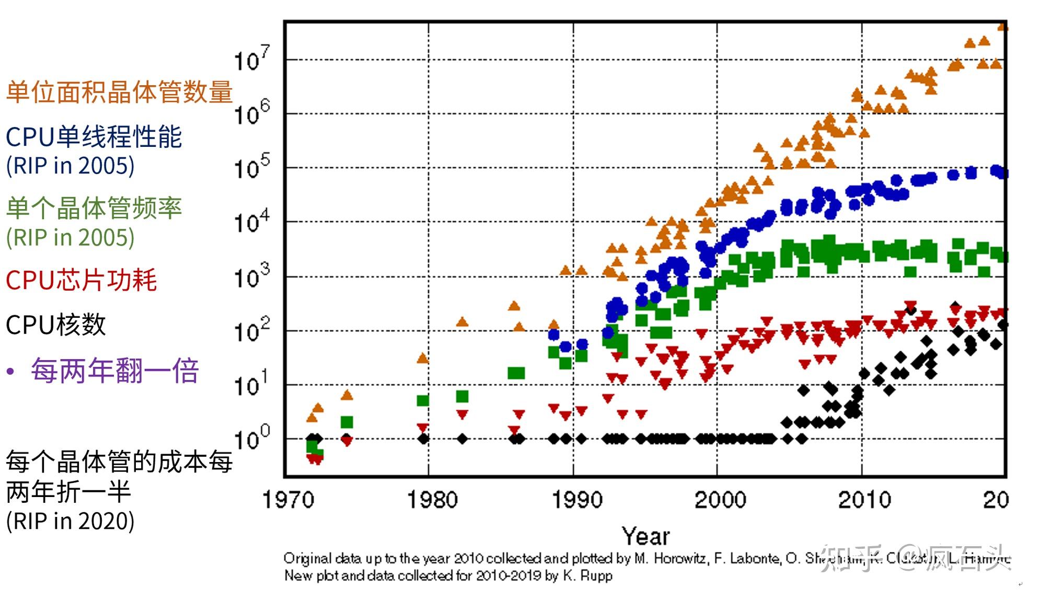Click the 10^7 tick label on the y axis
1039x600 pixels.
pos(251,59)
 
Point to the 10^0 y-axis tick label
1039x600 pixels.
pos(251,438)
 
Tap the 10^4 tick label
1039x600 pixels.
pos(251,222)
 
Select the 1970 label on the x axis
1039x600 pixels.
pos(288,500)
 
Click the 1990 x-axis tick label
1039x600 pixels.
pos(578,500)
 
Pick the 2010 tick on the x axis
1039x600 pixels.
pos(865,500)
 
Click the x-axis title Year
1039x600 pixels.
pos(645,536)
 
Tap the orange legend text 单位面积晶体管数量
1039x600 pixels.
pos(119,92)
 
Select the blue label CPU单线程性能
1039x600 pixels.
pos(94,137)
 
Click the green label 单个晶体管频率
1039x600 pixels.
pos(94,208)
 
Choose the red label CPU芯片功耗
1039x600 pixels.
pos(81,280)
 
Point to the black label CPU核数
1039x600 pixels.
pos(56,325)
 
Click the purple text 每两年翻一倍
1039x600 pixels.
pos(115,371)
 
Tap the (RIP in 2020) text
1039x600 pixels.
pos(70,521)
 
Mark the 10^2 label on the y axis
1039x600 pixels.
pos(251,330)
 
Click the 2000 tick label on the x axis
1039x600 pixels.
pos(720,500)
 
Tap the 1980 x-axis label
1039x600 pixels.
pos(432,500)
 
